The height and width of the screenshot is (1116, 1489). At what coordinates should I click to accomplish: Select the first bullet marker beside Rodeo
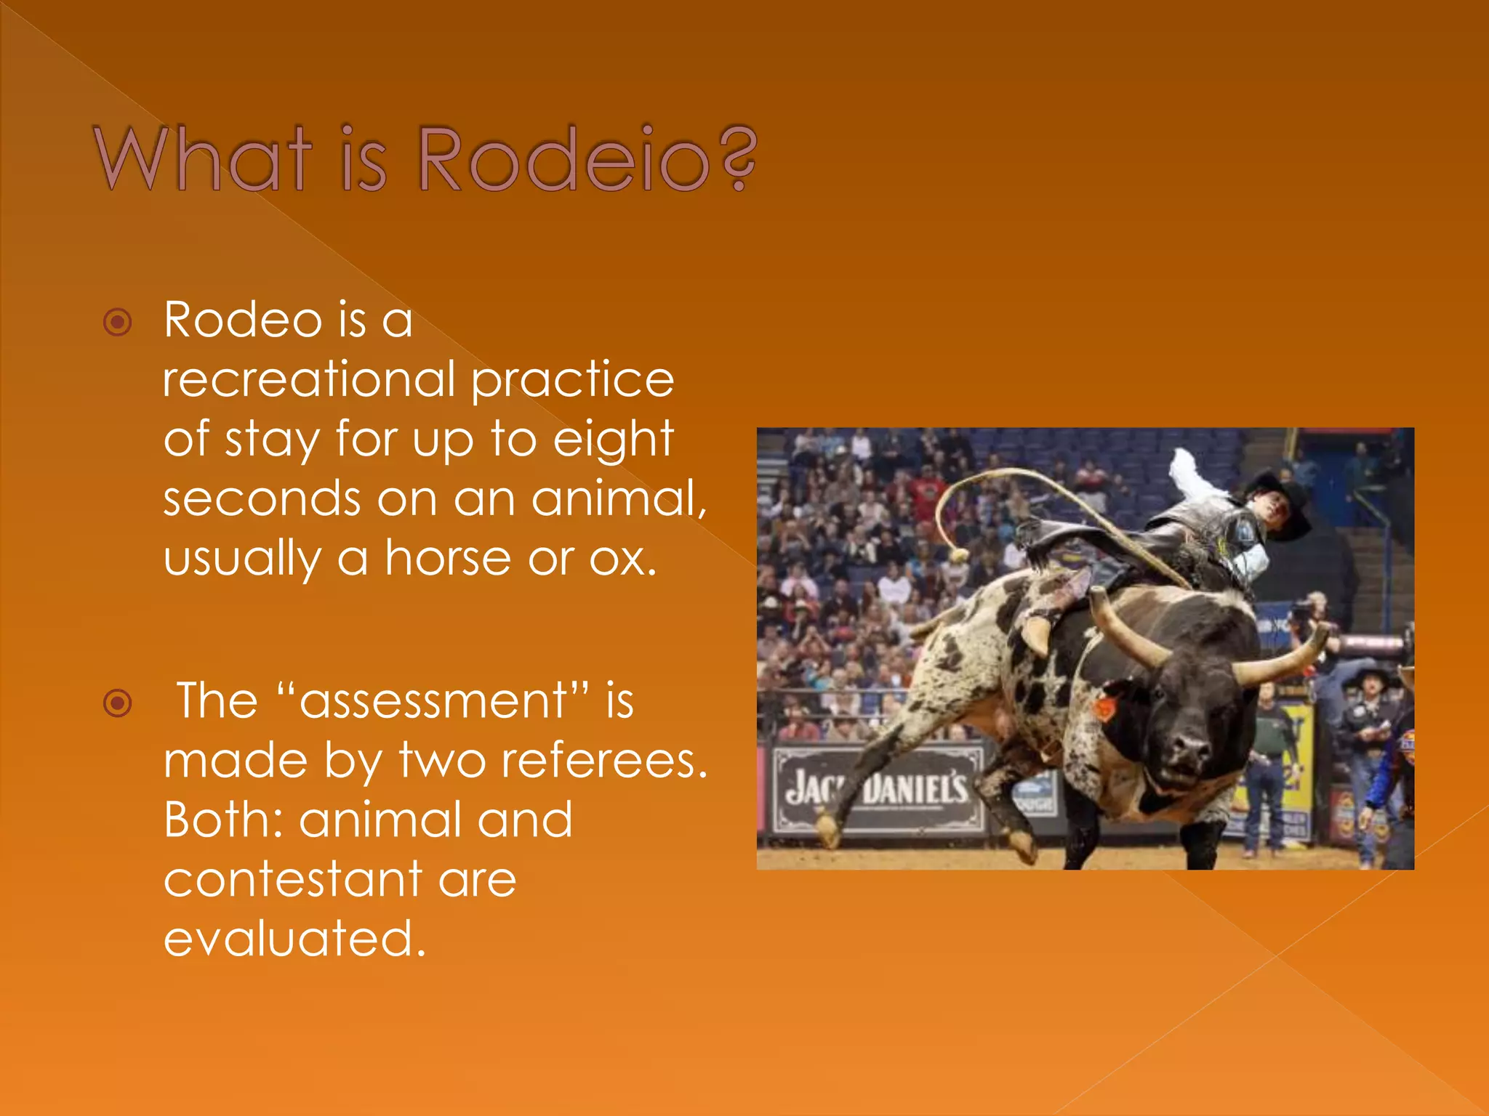click(x=118, y=322)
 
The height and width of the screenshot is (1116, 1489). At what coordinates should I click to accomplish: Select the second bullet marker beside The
click(x=118, y=703)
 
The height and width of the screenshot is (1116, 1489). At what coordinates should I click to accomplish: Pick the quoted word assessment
click(x=433, y=701)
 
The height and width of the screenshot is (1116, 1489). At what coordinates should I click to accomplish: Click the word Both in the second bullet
click(x=222, y=820)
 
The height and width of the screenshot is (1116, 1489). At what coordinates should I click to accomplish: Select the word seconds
click(x=262, y=499)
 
